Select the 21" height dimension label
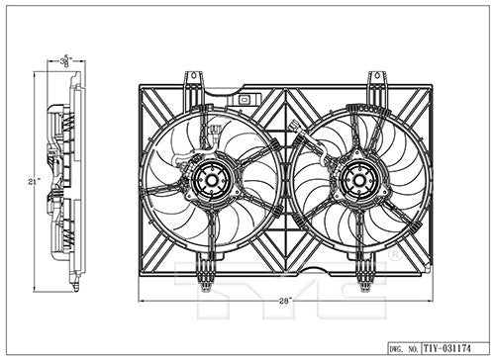tap(33, 182)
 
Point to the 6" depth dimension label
tap(66, 59)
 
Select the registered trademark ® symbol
tap(393, 254)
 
